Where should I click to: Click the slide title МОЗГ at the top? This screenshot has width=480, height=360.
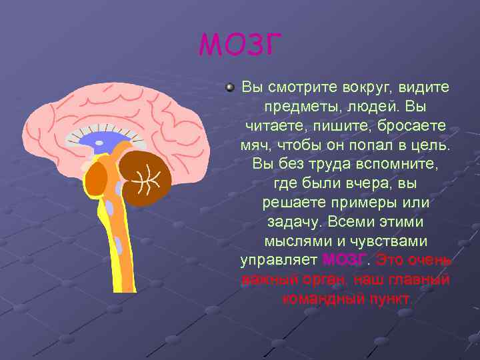click(x=241, y=45)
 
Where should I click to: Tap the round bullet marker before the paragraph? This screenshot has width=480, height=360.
click(x=229, y=87)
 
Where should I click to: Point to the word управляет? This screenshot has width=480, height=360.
click(x=279, y=259)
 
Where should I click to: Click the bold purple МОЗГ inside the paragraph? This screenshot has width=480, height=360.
click(x=343, y=259)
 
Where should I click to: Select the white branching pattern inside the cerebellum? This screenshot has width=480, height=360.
click(x=148, y=177)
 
